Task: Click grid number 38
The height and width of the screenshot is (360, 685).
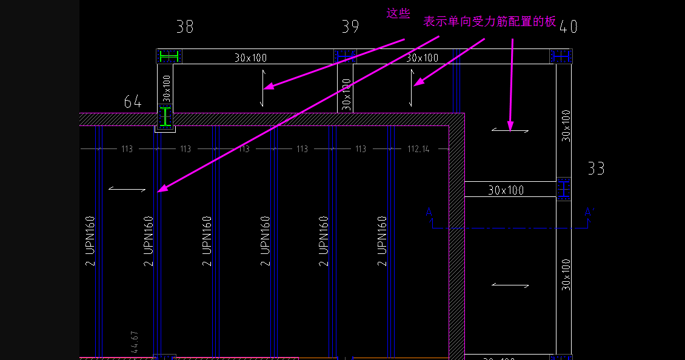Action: [x=185, y=27]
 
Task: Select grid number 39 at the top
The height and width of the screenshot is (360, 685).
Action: [x=350, y=27]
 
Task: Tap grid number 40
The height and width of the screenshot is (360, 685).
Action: [x=568, y=27]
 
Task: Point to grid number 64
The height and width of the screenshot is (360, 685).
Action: [x=133, y=102]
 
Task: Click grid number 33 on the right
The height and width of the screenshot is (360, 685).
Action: [x=596, y=168]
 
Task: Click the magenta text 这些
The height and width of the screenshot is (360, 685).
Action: [x=398, y=13]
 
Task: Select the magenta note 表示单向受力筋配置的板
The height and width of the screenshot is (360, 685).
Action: [x=489, y=21]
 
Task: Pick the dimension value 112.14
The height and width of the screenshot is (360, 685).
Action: [x=418, y=149]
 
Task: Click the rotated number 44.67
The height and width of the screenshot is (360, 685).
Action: [x=135, y=342]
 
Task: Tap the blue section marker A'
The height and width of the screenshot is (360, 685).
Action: [x=588, y=212]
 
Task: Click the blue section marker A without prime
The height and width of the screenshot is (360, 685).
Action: [x=429, y=212]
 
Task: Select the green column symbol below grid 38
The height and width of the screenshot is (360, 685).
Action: [x=169, y=56]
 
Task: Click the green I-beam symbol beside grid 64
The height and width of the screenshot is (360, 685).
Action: [x=165, y=116]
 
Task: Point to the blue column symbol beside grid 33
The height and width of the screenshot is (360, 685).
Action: [x=564, y=190]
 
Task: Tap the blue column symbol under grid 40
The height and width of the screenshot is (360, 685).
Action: [x=561, y=56]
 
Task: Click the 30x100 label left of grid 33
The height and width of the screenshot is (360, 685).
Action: [x=506, y=190]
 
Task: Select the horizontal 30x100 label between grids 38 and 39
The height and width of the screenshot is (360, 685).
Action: [x=250, y=58]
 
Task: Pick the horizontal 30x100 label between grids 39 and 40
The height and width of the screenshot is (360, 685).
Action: [x=422, y=58]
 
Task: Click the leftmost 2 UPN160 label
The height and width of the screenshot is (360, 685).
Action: [x=90, y=241]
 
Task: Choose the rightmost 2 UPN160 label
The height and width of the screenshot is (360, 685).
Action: [x=383, y=241]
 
